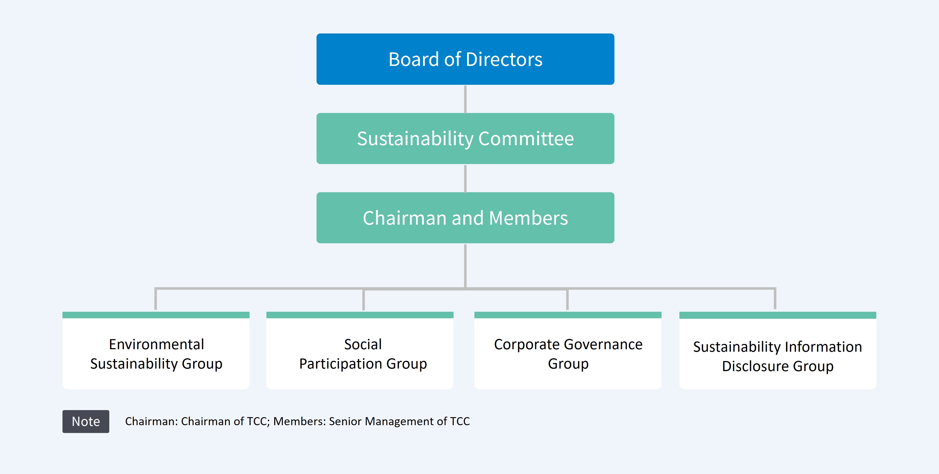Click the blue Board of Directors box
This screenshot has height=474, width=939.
[x=465, y=59]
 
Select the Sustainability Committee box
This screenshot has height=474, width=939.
[x=465, y=138]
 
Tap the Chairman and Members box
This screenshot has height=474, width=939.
[x=465, y=218]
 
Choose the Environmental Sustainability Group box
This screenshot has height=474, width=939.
[x=156, y=353]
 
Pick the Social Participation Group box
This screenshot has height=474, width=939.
[x=360, y=353]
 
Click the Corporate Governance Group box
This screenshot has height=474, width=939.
[x=568, y=353]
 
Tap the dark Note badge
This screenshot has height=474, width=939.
[x=86, y=421]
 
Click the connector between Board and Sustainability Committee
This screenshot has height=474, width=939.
[x=465, y=99]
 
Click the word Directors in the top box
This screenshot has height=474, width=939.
[x=504, y=59]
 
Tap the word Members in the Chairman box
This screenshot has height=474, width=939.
[x=528, y=218]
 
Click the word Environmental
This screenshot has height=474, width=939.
[x=156, y=344]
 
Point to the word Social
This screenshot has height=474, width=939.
[x=363, y=344]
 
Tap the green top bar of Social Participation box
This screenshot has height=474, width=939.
[x=360, y=315]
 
